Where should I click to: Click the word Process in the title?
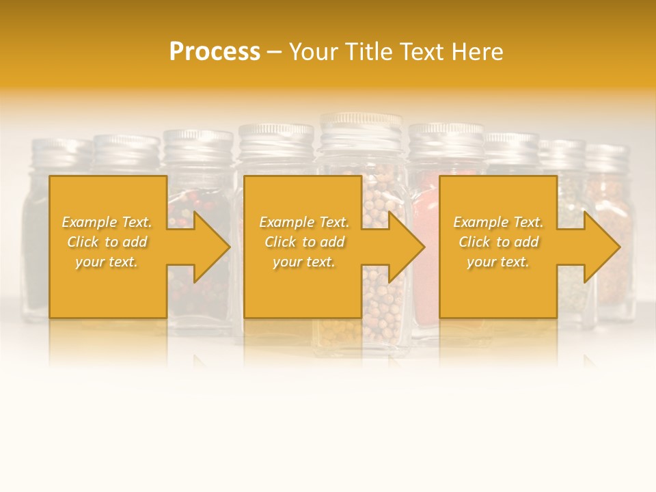(215, 51)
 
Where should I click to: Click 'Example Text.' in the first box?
(107, 222)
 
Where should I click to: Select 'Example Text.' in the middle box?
(304, 222)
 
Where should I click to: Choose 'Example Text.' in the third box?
(498, 222)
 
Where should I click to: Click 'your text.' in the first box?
(107, 262)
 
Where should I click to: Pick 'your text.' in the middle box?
(304, 262)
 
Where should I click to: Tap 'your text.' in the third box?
(498, 262)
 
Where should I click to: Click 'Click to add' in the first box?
(107, 242)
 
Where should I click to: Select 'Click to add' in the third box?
(498, 242)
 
